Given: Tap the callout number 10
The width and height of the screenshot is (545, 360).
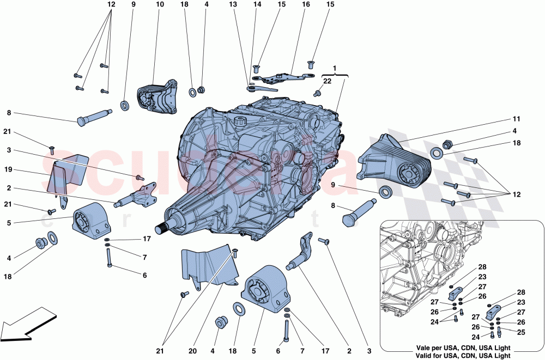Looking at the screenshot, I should pyautogui.click(x=160, y=4).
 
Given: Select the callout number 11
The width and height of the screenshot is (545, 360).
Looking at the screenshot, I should pyautogui.click(x=516, y=118).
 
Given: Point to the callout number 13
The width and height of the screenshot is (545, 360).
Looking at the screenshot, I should pyautogui.click(x=233, y=4).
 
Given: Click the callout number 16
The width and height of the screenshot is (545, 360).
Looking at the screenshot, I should pyautogui.click(x=306, y=4).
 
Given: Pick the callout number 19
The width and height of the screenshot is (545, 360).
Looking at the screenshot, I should pyautogui.click(x=8, y=169).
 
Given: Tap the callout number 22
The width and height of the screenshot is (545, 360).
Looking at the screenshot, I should pyautogui.click(x=326, y=81).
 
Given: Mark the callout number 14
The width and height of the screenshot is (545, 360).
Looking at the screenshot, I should pyautogui.click(x=257, y=4).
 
